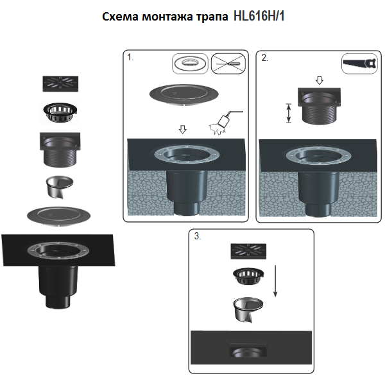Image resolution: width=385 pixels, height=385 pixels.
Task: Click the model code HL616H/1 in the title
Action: coord(259,17)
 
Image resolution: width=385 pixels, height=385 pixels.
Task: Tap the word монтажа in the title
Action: coord(167,17)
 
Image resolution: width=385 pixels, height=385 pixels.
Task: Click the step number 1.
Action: coord(130,58)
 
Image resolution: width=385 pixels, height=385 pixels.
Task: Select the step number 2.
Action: coord(264,58)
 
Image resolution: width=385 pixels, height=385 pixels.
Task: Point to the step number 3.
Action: coord(198,236)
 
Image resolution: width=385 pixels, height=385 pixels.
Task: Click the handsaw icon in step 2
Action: coord(359,64)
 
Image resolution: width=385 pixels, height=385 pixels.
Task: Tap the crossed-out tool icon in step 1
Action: coord(228,64)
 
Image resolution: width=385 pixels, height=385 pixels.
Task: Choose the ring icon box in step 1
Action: coord(190,64)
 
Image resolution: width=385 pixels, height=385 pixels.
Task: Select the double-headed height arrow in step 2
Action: coord(289,113)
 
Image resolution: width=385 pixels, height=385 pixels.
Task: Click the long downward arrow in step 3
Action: coord(275,281)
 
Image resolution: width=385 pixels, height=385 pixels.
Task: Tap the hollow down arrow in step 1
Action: coord(183,129)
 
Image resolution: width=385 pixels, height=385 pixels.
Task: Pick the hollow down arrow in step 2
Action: coord(319,80)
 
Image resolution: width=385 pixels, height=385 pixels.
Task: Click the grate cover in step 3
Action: coord(248,251)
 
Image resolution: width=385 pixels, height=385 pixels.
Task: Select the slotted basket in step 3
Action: coord(248,276)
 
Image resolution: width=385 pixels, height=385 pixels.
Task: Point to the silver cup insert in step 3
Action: coord(248,309)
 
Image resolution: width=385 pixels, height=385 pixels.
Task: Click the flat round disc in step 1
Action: coord(184,95)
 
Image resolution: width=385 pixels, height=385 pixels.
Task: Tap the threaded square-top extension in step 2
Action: coord(319,106)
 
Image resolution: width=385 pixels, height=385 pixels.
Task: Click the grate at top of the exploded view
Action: coord(60,83)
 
